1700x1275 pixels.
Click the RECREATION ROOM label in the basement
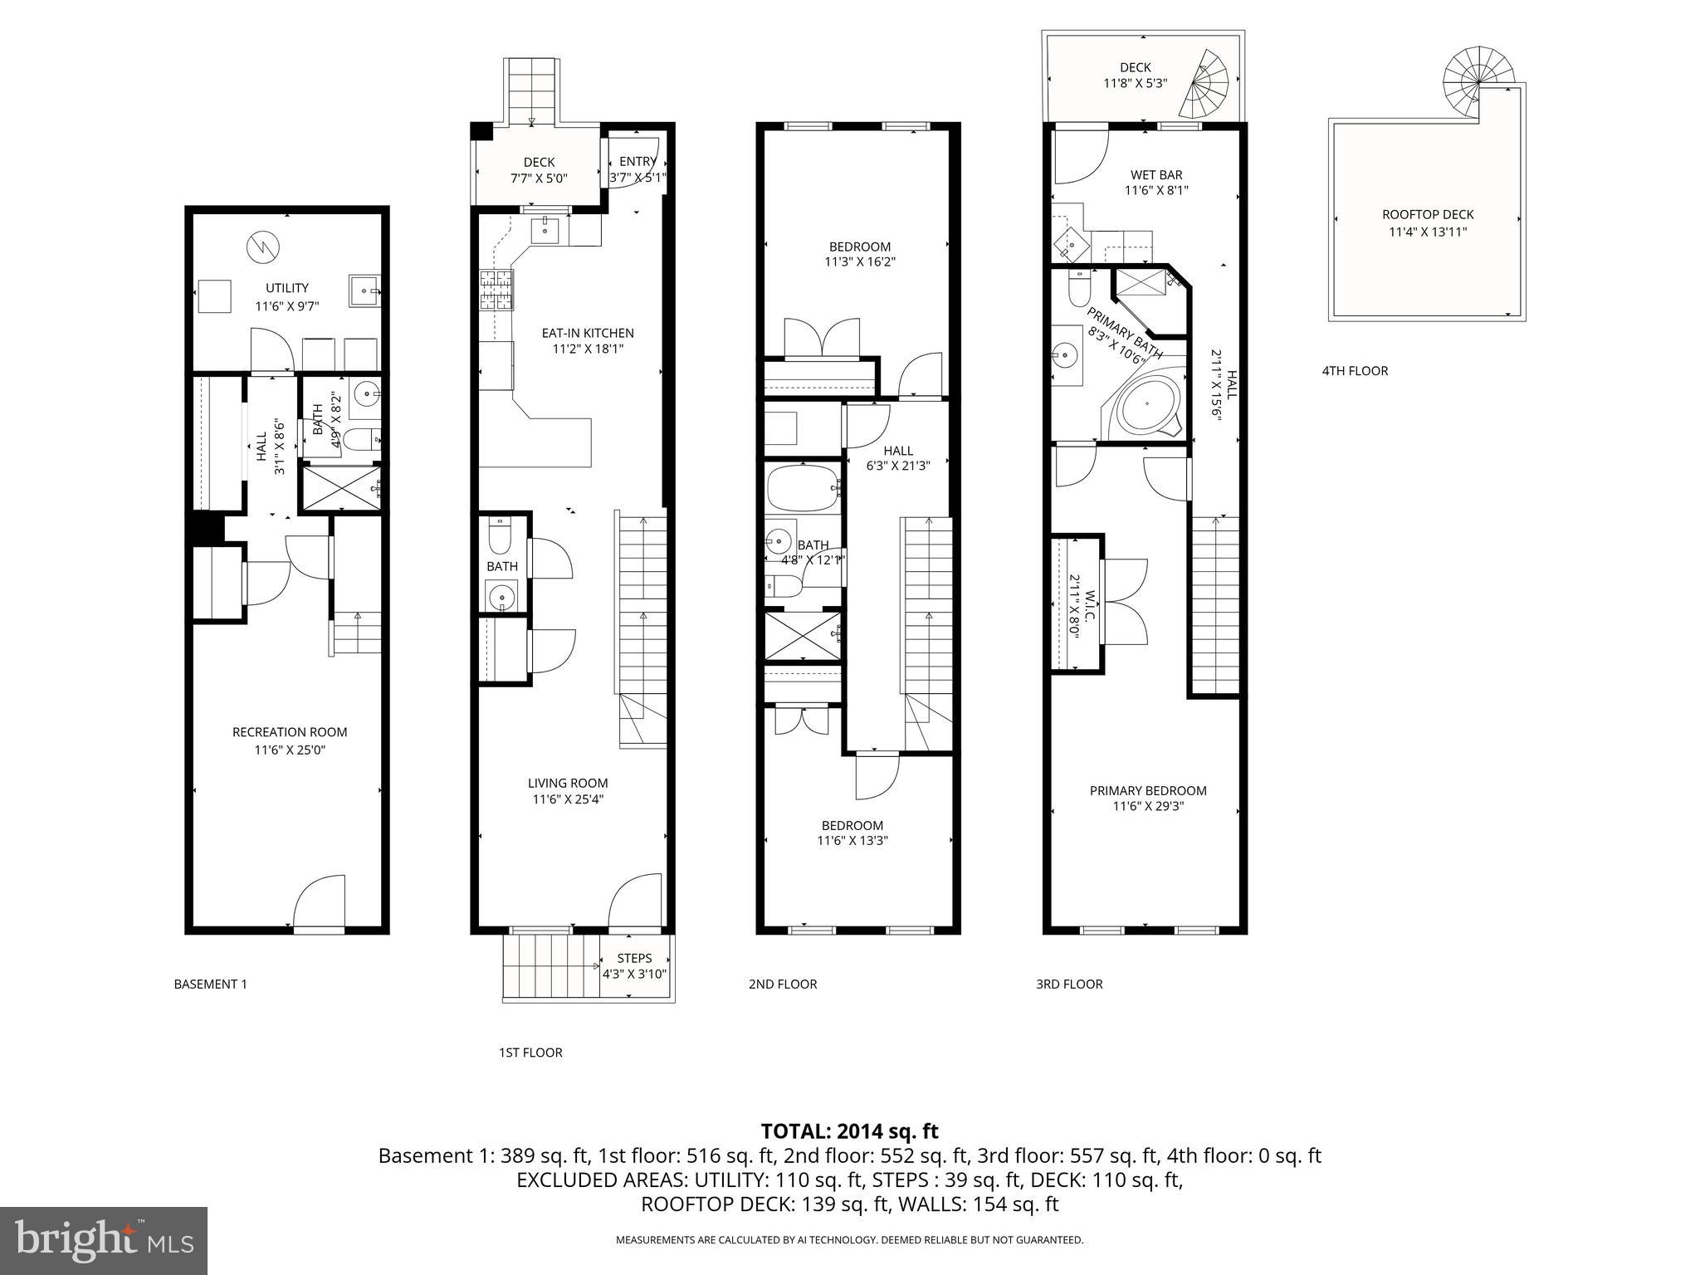pos(289,732)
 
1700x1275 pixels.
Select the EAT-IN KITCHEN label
pos(587,333)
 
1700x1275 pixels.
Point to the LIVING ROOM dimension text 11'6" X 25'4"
pos(568,799)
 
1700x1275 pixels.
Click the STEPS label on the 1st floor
pos(634,958)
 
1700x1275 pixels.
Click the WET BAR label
pos(1156,175)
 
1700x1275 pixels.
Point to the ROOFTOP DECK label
pos(1428,215)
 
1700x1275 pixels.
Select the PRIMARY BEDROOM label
pos(1148,791)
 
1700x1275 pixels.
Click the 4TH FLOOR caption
pos(1355,371)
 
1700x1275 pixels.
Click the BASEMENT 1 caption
pos(210,984)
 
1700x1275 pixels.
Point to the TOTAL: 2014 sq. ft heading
pos(849,1131)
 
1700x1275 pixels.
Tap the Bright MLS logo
pos(104,1240)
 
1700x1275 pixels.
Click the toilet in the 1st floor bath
pos(500,537)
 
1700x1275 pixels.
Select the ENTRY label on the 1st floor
pos(637,162)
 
